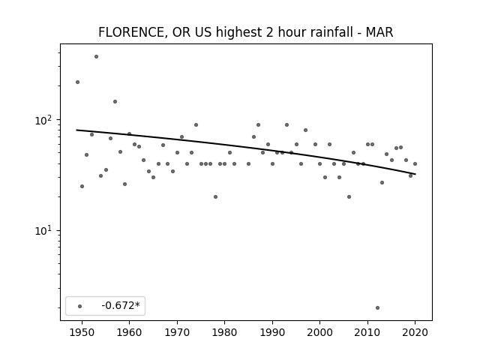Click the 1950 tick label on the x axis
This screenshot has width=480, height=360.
click(x=82, y=332)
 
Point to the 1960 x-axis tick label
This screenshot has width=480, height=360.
click(x=129, y=332)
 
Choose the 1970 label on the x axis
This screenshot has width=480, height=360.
click(x=177, y=332)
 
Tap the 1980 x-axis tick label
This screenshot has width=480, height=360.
click(x=224, y=332)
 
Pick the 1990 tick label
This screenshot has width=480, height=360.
click(x=272, y=332)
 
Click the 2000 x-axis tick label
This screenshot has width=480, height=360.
click(x=320, y=332)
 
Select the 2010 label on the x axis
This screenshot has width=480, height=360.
click(x=367, y=332)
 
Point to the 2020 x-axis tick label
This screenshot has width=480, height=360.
click(x=415, y=332)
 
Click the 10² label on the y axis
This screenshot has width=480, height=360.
click(x=45, y=120)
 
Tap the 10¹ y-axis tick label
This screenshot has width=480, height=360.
click(x=45, y=230)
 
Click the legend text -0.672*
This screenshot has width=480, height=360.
click(x=121, y=305)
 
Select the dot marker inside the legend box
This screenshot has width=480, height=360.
click(x=79, y=306)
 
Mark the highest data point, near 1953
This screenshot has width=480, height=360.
click(x=96, y=57)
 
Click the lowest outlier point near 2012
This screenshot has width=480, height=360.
click(x=377, y=308)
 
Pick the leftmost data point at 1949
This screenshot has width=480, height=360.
click(x=77, y=82)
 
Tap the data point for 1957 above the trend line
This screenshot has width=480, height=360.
click(x=115, y=102)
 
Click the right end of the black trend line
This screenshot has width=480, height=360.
click(x=415, y=174)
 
